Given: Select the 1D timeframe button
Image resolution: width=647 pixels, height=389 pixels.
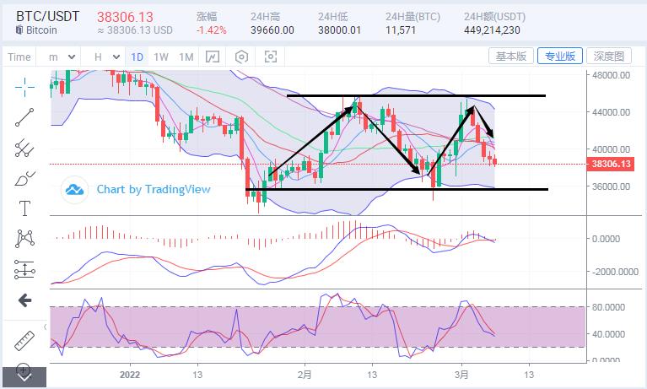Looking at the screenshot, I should pos(137,57).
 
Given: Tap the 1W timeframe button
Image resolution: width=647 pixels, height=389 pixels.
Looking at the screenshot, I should pos(161,57).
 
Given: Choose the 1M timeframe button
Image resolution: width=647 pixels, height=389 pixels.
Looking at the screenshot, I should pos(186,57).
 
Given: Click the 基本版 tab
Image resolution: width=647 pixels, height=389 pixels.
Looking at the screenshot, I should pos(511,57).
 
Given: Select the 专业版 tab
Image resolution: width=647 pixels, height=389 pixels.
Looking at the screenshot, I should pos(560,57).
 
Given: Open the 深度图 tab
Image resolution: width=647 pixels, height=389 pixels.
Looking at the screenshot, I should pos(608,57).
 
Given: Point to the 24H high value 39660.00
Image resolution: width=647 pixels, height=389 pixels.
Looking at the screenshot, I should pos(272,30).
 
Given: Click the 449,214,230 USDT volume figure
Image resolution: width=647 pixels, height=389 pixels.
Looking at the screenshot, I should pos(492,30).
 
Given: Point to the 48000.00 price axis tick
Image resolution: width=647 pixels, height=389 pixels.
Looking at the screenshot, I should pos(612,75).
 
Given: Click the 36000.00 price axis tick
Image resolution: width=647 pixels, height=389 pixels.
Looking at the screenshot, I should pos(612,186).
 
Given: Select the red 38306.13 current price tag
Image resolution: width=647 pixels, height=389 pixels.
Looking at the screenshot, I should pos(612,164).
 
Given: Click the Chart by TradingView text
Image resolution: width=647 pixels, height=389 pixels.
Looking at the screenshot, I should pos(153,189).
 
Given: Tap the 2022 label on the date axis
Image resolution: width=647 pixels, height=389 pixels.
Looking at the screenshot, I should pos(130,374).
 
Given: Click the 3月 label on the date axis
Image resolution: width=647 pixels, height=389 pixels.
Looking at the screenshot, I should pos(461,374).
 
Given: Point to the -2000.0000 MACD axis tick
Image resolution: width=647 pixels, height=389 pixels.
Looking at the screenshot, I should pos(613,273).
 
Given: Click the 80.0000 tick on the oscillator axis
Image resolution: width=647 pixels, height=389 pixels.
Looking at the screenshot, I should pos(611,307).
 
